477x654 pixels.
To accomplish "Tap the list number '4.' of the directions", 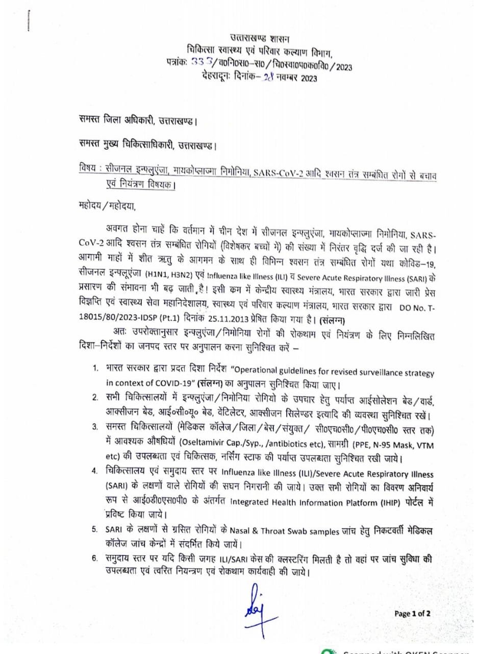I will pyautogui.click(x=95, y=470).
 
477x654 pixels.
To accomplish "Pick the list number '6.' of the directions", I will pyautogui.click(x=95, y=558).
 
